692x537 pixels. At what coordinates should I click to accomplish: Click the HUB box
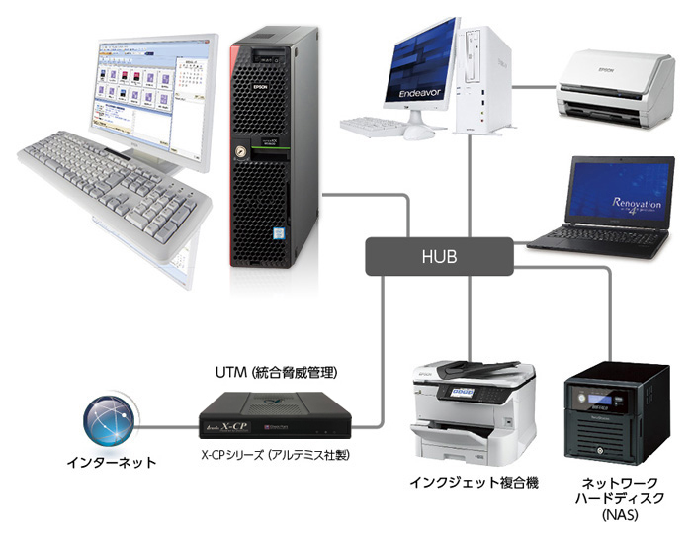pos(438,256)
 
